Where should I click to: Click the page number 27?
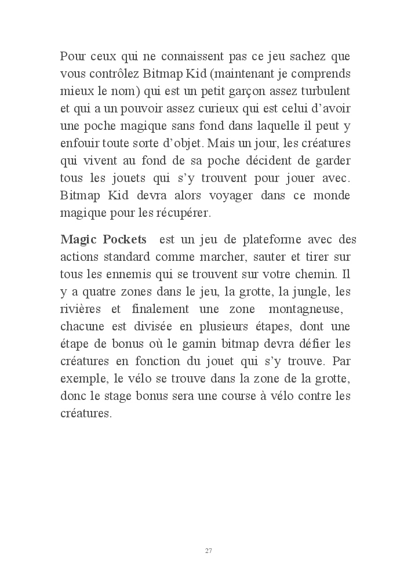click(x=208, y=550)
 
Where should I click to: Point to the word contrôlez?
click(x=115, y=75)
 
